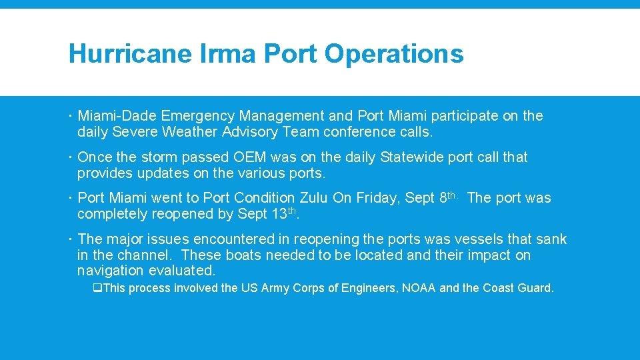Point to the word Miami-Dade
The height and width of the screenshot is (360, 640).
pos(117,116)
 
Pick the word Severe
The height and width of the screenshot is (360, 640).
pos(134,132)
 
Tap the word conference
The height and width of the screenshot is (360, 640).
pos(357,132)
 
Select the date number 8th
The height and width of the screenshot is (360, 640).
pos(447,197)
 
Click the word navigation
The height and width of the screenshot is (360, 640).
pos(111,271)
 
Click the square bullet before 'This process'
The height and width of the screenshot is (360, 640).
pos(97,288)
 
